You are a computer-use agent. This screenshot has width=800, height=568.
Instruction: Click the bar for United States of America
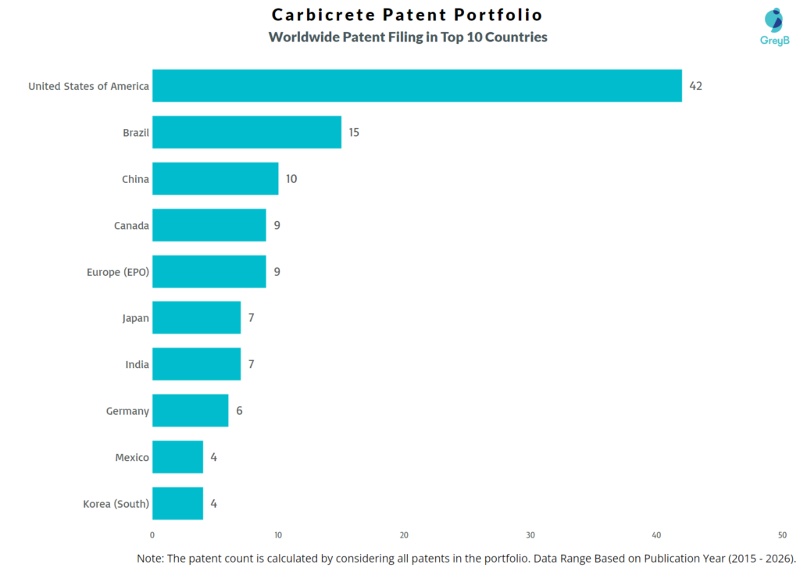click(416, 86)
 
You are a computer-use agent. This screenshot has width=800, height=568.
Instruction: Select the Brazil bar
click(247, 132)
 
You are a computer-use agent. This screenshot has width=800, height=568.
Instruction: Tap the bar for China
click(215, 179)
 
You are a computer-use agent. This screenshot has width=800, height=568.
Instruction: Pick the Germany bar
click(190, 410)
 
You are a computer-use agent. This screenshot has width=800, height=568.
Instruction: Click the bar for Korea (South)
click(177, 503)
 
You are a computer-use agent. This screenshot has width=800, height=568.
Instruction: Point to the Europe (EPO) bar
click(209, 272)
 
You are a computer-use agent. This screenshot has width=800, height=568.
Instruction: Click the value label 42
click(695, 86)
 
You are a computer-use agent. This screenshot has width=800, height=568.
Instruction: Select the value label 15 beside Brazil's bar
click(354, 132)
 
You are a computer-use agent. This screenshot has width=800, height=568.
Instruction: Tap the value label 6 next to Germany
click(239, 410)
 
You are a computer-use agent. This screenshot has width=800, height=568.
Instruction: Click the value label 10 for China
click(291, 179)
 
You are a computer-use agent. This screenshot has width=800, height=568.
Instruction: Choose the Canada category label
click(131, 226)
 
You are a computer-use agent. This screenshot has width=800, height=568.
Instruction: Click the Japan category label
click(135, 318)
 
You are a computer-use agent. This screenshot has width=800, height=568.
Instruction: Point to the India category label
click(137, 364)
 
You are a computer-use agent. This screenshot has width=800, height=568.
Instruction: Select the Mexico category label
click(132, 457)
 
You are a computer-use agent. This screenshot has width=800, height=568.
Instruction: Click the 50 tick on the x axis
click(782, 535)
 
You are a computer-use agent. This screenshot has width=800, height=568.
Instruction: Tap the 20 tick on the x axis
click(404, 535)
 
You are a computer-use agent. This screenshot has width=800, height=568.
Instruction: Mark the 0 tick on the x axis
click(152, 535)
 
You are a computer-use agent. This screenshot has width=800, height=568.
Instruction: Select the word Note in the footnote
click(152, 558)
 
